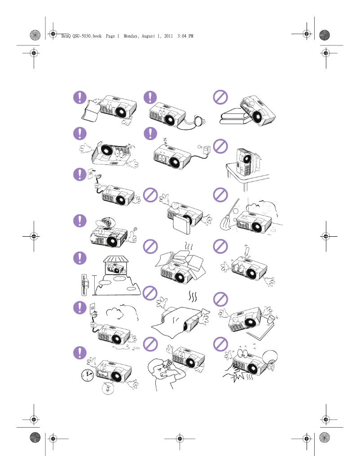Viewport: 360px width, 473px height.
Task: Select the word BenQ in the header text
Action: (66, 36)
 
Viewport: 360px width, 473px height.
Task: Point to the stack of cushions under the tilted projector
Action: (234, 117)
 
